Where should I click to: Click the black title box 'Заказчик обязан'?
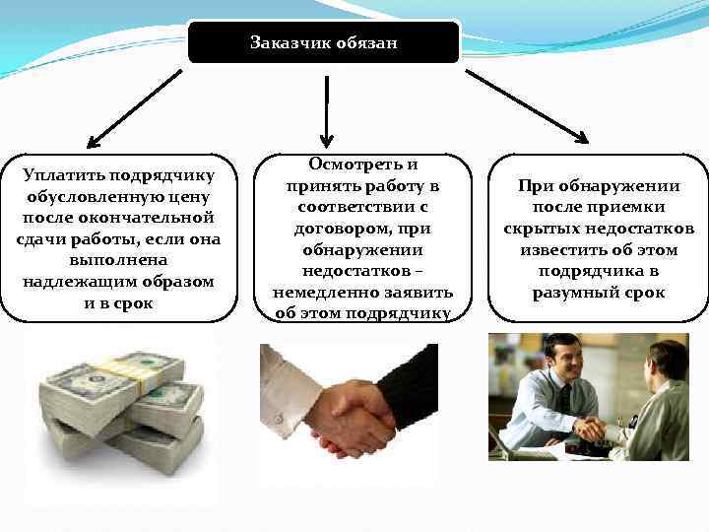324,42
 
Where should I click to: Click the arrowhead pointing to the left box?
95,140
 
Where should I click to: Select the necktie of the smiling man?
565,398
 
